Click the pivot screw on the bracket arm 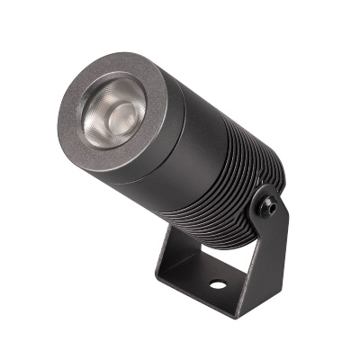pyautogui.click(x=268, y=208)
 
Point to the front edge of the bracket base pyautogui.click(x=202, y=301)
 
